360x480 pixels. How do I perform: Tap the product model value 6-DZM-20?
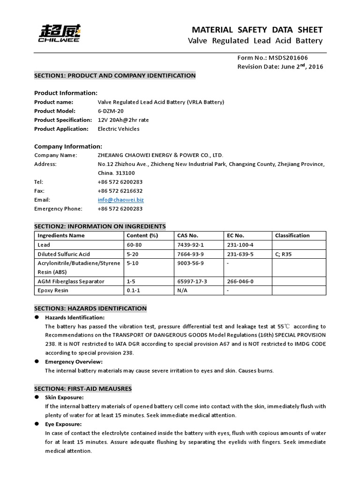pos(111,111)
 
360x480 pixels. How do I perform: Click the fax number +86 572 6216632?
pos(120,191)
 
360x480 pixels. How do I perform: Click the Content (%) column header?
pos(142,235)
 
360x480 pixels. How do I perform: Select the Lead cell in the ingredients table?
pos(44,245)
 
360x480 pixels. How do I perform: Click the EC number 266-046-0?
pos(240,281)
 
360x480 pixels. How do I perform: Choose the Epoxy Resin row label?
pos(52,291)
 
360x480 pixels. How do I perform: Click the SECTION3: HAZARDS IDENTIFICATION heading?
pos(90,308)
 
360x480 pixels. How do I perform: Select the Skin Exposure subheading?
pos(64,397)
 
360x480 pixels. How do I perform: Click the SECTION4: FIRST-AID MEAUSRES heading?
pos(83,389)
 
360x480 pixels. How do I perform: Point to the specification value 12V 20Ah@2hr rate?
pos(123,120)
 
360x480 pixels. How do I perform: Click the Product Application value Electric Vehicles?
pos(118,128)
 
